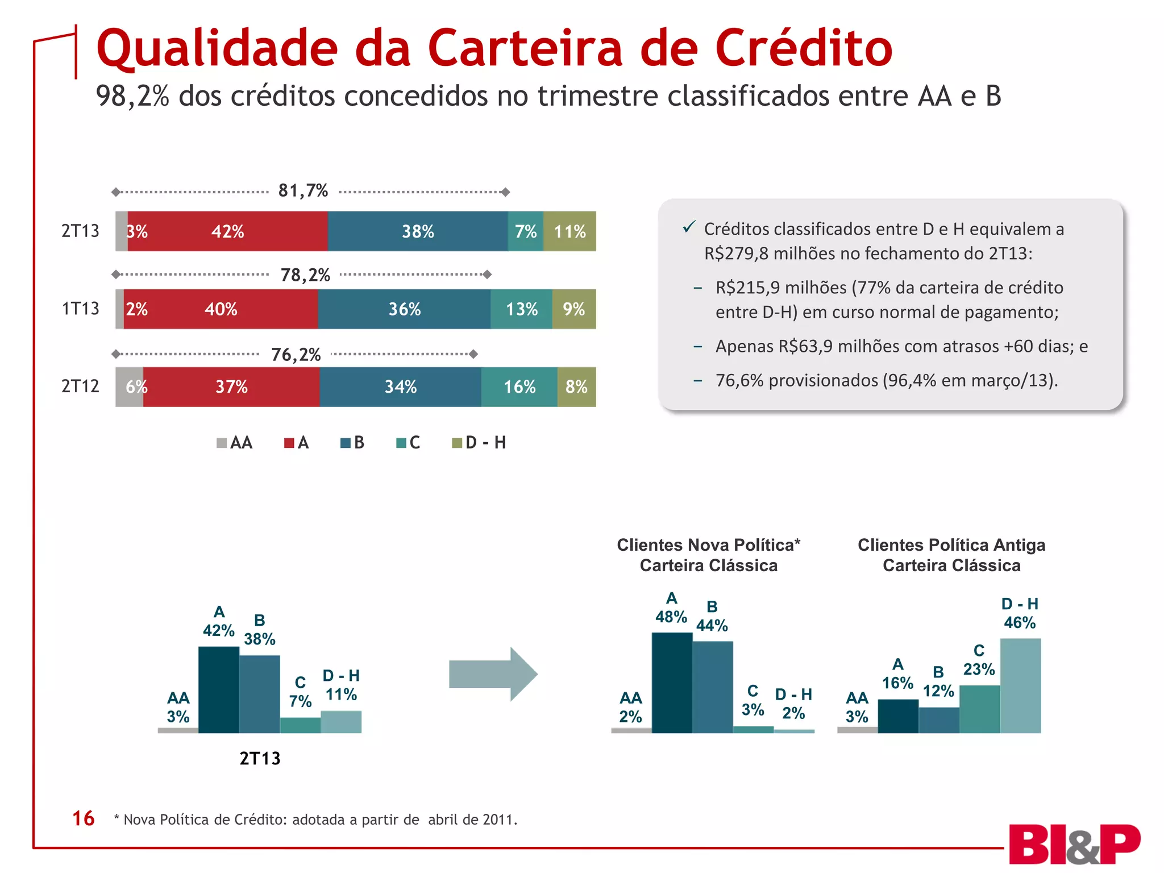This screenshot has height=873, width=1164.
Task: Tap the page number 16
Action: point(83,818)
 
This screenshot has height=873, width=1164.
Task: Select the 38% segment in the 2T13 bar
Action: point(418,231)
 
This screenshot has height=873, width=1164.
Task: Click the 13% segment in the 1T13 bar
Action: point(521,309)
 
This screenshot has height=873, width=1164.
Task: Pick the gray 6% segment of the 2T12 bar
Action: point(130,387)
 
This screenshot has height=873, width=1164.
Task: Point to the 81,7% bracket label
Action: point(303,191)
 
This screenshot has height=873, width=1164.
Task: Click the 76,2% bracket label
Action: point(296,355)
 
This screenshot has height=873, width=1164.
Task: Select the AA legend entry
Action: point(235,443)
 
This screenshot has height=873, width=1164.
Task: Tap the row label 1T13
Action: point(80,309)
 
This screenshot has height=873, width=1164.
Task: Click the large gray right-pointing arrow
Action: point(492,674)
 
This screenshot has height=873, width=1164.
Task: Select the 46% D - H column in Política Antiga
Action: point(1020,685)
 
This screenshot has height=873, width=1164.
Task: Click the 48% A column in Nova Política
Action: point(672,682)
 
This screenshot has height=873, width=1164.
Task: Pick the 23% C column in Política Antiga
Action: point(979,709)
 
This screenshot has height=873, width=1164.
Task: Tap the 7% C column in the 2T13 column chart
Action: point(300,725)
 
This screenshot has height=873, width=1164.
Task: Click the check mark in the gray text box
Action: point(689,227)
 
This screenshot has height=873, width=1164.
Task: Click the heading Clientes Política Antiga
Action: point(951,545)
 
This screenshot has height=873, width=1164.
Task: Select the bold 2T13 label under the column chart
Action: point(260,759)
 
